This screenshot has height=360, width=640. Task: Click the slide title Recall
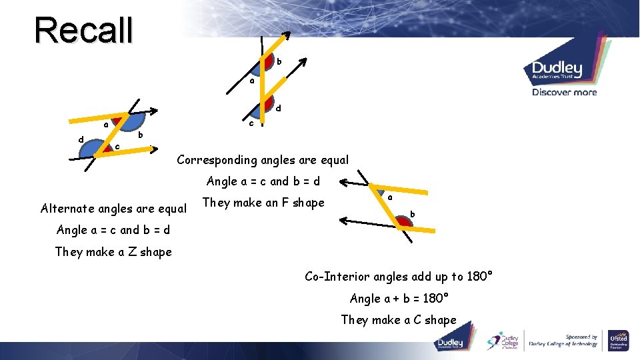[84, 30]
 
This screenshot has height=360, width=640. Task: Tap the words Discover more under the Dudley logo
[564, 92]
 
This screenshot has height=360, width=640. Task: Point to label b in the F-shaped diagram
[279, 62]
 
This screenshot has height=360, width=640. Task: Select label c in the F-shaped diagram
[251, 123]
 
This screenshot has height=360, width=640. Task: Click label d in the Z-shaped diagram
[81, 140]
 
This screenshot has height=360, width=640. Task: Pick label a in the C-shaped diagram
[390, 197]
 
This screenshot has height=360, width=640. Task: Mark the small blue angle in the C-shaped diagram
[378, 191]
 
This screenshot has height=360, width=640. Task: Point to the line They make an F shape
[263, 203]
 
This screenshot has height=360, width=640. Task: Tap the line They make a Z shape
[113, 252]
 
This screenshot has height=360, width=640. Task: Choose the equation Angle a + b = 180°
[399, 299]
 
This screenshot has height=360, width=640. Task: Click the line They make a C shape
[399, 320]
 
